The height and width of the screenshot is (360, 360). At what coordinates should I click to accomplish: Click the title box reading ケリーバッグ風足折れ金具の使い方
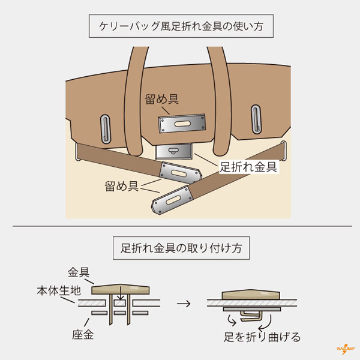[180, 26]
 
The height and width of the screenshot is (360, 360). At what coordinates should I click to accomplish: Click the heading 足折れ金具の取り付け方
[180, 248]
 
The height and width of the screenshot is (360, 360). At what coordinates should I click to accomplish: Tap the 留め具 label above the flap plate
[161, 100]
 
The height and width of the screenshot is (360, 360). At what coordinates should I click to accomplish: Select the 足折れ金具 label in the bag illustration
[248, 166]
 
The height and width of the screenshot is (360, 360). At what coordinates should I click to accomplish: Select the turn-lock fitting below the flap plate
[174, 152]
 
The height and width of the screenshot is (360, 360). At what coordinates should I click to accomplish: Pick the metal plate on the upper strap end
[179, 174]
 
